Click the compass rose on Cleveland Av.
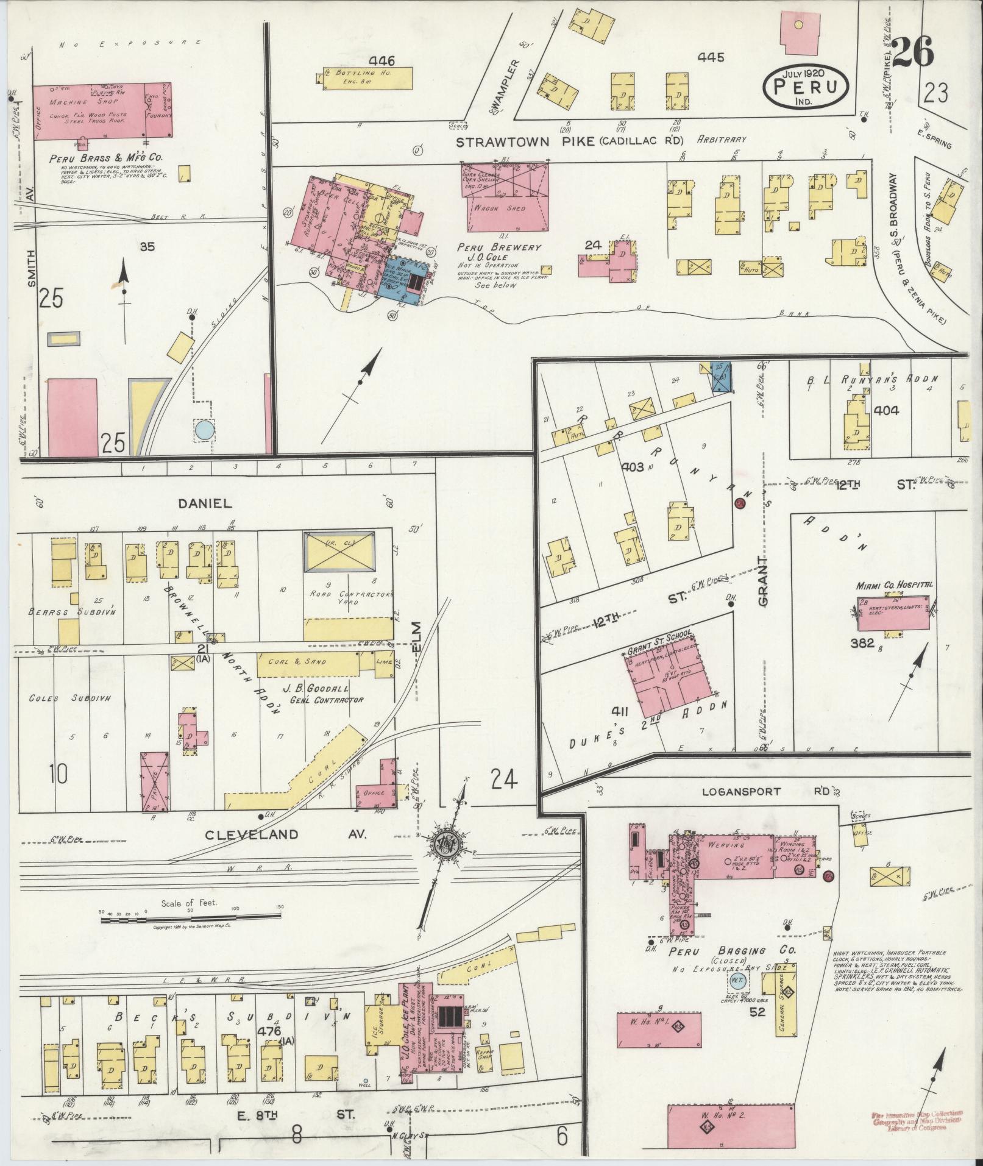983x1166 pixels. coord(448,842)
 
